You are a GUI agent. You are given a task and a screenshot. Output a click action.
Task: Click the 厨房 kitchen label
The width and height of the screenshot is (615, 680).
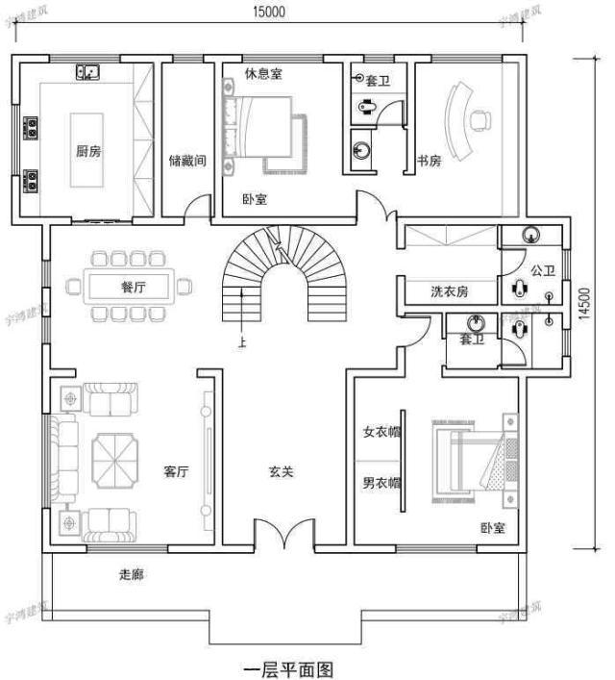(x=87, y=150)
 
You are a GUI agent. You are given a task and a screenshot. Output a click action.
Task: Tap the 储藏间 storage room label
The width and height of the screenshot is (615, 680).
(x=186, y=161)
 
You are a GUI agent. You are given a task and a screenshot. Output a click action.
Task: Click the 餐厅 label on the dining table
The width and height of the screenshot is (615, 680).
(x=133, y=287)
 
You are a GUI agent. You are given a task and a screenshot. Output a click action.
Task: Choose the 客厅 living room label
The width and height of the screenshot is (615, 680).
(x=176, y=471)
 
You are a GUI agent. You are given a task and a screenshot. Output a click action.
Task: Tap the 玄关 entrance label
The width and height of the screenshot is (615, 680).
(x=281, y=471)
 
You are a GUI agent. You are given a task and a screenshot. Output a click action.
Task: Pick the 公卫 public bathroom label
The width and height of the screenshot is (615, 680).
(x=543, y=271)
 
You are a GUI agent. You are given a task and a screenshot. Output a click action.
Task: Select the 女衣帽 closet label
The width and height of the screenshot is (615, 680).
(x=381, y=433)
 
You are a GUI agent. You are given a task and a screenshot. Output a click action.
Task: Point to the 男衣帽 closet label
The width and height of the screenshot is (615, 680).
(x=381, y=484)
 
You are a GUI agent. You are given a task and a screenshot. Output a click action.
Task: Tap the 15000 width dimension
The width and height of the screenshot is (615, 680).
(x=267, y=13)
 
